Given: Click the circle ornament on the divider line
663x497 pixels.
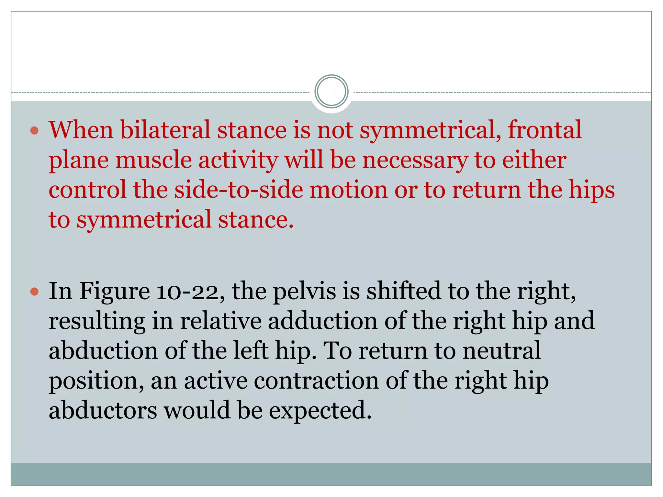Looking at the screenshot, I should (x=331, y=91).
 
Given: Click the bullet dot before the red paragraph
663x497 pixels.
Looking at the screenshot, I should (x=34, y=131).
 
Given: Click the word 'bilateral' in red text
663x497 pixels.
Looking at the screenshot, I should (x=165, y=130).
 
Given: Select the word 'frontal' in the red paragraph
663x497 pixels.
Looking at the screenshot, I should (x=545, y=130).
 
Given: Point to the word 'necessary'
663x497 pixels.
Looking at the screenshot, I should (x=415, y=161).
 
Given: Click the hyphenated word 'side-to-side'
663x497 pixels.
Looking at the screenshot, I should (x=239, y=190).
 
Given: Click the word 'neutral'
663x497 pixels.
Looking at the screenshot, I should (x=501, y=351).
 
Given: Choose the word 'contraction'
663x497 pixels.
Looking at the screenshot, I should (x=316, y=381).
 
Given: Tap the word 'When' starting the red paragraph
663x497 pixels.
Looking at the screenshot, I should (x=81, y=130).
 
